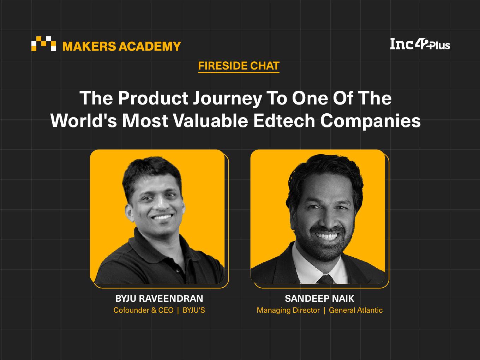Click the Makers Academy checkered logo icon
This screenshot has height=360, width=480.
click(43, 43)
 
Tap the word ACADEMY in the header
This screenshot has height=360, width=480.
click(150, 46)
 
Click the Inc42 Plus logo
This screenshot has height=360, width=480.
click(420, 44)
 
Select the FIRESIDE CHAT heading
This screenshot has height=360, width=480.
click(239, 66)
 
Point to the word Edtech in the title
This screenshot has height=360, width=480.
click(284, 121)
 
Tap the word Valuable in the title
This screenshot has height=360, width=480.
click(211, 121)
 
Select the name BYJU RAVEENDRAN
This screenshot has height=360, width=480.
click(159, 298)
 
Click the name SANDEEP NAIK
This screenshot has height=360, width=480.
click(319, 298)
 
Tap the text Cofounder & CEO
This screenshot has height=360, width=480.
click(143, 310)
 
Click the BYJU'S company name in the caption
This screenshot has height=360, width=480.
click(194, 310)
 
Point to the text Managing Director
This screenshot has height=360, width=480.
click(288, 310)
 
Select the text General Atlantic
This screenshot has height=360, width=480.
click(356, 310)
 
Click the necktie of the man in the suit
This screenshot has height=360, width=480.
click(326, 279)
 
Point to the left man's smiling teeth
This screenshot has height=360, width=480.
click(162, 217)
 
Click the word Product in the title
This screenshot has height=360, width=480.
click(153, 98)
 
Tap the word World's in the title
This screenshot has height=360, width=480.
click(84, 121)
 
